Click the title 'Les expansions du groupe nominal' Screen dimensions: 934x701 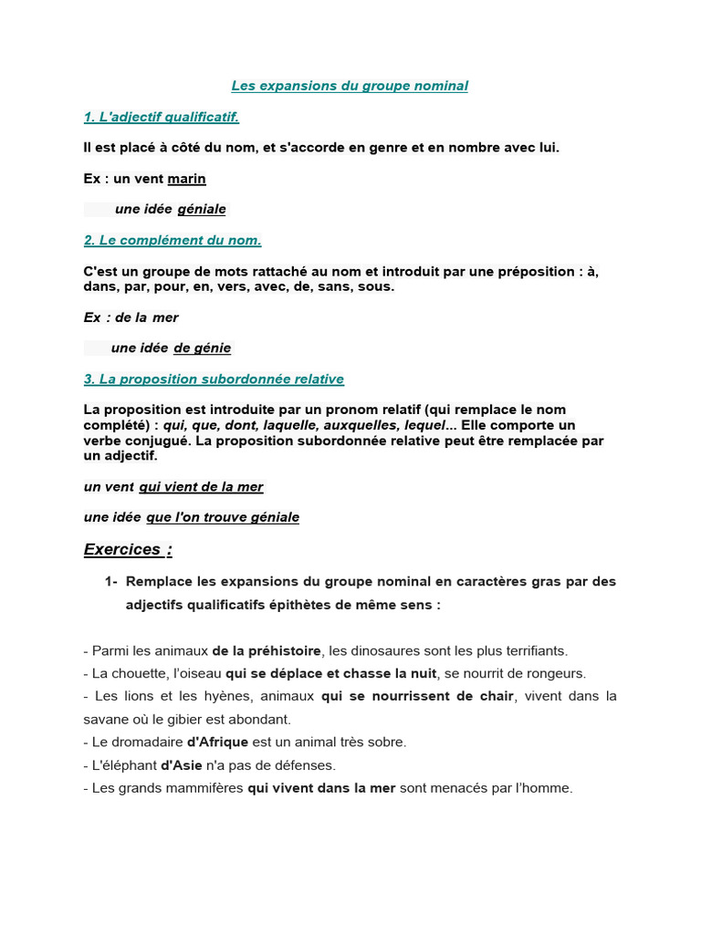coord(350,86)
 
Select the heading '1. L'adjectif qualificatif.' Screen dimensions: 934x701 coord(161,117)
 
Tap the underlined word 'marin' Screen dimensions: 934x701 coord(186,179)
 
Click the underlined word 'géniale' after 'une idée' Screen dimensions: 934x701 coord(202,209)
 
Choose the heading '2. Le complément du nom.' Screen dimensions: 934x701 coord(173,240)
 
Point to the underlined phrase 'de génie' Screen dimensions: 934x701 coord(202,348)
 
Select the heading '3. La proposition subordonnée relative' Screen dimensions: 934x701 coord(214,379)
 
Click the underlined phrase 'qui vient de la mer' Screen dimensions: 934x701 coord(201,487)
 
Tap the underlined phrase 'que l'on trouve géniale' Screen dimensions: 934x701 coord(223,517)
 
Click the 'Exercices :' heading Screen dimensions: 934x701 coord(128,549)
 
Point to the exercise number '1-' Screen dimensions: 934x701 coord(111,581)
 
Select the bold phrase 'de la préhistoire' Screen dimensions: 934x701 coord(267,651)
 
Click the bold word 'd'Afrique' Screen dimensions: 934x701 coord(217,742)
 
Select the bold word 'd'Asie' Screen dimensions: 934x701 coord(182,765)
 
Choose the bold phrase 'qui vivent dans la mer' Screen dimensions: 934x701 coord(321,788)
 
